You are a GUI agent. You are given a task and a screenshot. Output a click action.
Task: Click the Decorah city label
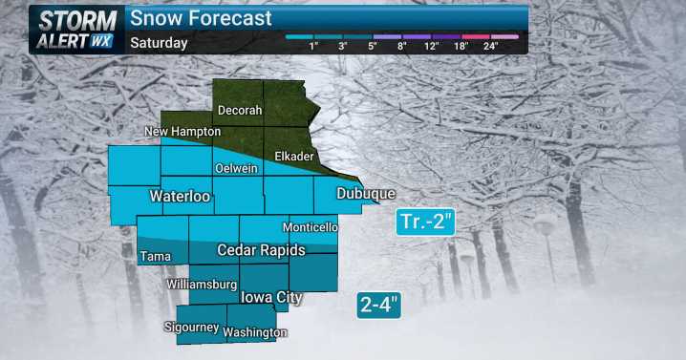pos(239,110)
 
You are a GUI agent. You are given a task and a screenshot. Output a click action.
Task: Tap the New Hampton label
pos(182,131)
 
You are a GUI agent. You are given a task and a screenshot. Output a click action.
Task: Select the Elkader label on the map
pos(292,157)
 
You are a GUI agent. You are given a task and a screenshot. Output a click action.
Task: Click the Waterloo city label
pos(179,198)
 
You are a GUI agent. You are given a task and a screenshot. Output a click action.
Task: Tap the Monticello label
pos(310,228)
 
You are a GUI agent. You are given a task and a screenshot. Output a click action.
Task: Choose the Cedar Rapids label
pos(261,250)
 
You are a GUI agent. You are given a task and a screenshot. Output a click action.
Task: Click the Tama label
pos(155,257)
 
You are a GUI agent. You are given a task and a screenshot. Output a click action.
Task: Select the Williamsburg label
pos(201,285)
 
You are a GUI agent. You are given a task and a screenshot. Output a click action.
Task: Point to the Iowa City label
pos(271,298)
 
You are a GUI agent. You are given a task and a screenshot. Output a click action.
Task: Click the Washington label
pos(255,332)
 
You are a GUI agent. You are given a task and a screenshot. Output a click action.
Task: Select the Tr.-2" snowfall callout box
pos(425,222)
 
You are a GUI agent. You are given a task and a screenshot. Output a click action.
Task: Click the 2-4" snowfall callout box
pos(379,306)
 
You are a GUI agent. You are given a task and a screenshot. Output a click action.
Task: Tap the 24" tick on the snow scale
pos(491,45)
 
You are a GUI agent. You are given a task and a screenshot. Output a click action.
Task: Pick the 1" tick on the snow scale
pos(313,45)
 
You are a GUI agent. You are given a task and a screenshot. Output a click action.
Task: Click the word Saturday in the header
pos(159,43)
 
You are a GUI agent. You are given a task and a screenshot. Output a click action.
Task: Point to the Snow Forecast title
pos(201,18)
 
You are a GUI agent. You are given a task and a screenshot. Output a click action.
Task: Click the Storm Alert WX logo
pos(76,28)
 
